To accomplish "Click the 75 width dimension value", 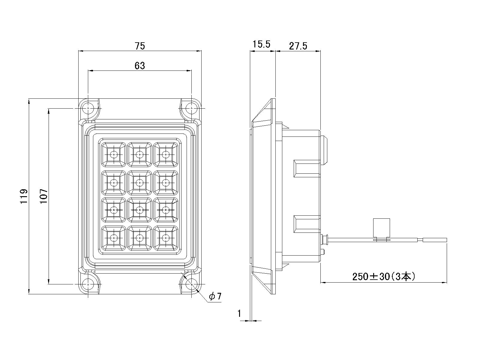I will pos(140,46).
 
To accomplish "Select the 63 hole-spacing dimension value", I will pos(140,65).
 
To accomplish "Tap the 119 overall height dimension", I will pos(24,196).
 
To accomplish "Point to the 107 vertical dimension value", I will pos(44,196).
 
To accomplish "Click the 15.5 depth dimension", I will pos(261,44).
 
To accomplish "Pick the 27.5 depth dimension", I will pos(298,46).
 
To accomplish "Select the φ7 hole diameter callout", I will pos(215,296).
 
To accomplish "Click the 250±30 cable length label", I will pos(384,276).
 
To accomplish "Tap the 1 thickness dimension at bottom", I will pos(239,313).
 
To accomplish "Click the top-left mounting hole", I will pos(88,108).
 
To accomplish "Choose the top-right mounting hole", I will pos(191,108).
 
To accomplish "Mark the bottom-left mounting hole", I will pos(88,283).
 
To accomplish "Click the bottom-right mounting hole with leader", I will pos(191,283).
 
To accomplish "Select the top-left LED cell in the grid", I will pos(114,154).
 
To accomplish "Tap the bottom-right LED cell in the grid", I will pos(166,238).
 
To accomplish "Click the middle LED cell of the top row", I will pos(139,154).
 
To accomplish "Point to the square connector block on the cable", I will pos(381,227).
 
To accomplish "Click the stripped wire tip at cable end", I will pos(435,240).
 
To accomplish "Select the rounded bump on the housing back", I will pos(324,150).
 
